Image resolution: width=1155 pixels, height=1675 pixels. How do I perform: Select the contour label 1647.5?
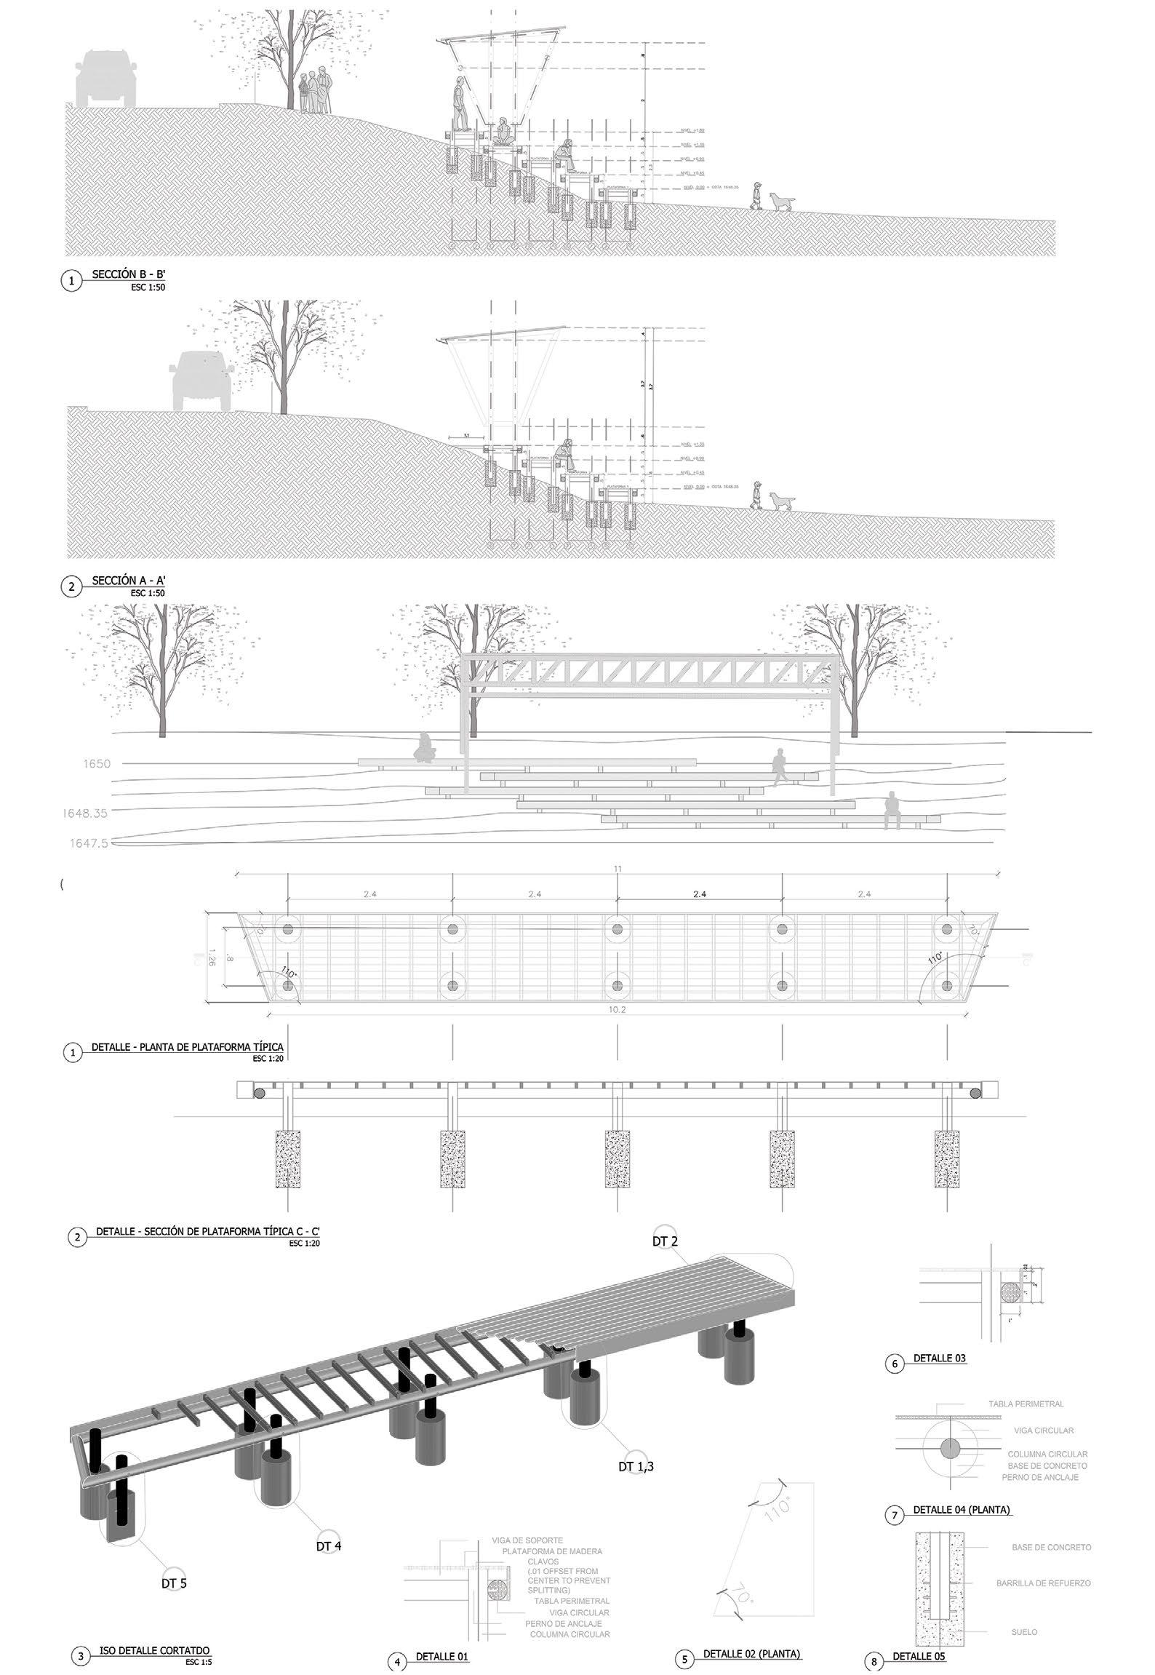tap(89, 843)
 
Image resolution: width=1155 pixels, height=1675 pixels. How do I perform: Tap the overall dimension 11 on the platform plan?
tap(618, 869)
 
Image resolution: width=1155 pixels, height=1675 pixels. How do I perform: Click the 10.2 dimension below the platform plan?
tap(618, 1010)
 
